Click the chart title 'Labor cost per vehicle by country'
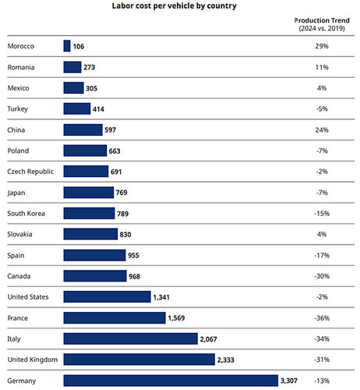click(174, 5)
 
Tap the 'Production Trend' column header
click(322, 20)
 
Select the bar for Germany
click(171, 381)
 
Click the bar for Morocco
click(67, 46)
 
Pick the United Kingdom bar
click(139, 360)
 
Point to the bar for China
click(83, 129)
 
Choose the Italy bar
click(130, 339)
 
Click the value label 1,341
click(161, 297)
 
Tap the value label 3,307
click(289, 381)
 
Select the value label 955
click(133, 255)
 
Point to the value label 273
click(89, 67)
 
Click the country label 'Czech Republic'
click(30, 172)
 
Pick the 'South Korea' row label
click(26, 214)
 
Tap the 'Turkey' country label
click(17, 109)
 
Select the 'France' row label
click(17, 318)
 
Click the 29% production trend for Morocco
click(322, 46)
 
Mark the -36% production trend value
click(322, 318)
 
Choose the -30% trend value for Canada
click(322, 276)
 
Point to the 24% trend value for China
click(322, 129)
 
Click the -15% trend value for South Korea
click(322, 214)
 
